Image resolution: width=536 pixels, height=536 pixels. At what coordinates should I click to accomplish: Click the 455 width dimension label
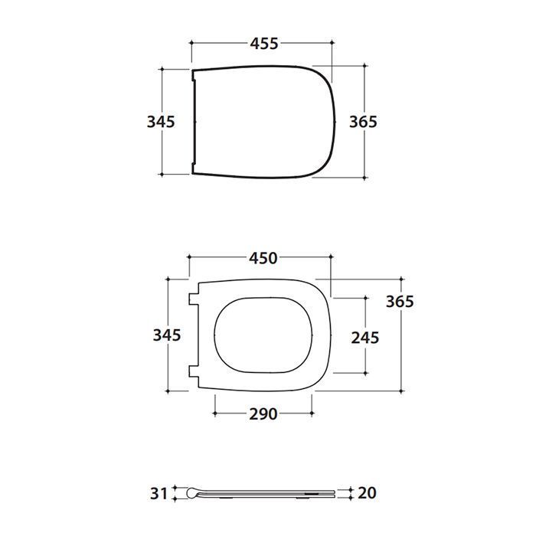[x=264, y=44]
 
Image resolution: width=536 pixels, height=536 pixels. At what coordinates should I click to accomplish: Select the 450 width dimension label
[x=263, y=259]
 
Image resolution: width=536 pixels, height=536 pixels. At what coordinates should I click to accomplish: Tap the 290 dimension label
[x=263, y=414]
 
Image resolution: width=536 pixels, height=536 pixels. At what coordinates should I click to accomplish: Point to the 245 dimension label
[x=365, y=338]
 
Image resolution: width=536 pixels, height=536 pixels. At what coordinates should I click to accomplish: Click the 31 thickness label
[x=159, y=494]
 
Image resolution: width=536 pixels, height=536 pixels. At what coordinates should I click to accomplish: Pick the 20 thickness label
[x=367, y=493]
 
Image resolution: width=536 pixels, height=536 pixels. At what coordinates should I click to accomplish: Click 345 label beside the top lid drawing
[x=161, y=122]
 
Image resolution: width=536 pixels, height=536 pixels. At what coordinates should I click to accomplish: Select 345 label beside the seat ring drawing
[x=167, y=335]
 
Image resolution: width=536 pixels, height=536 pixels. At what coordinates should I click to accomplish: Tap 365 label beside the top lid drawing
[x=364, y=122]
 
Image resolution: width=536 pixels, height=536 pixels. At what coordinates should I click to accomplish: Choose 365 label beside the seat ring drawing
[x=400, y=302]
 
